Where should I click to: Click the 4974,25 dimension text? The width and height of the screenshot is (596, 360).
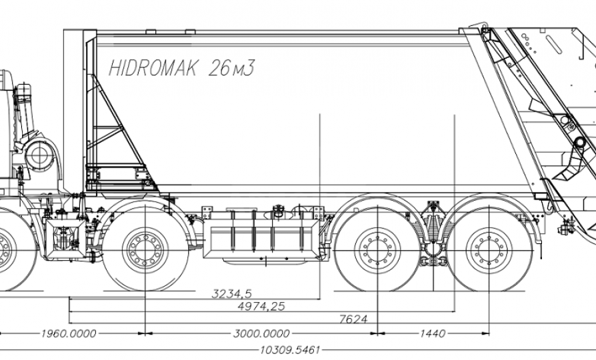261,306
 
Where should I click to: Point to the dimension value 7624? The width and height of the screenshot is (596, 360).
353,319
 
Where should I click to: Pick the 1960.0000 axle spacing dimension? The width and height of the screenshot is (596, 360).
69,333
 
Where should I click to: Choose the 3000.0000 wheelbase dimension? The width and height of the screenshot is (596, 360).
262,333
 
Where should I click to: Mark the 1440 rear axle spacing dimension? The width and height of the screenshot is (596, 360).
433,333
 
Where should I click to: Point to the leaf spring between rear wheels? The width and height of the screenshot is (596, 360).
433,227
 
